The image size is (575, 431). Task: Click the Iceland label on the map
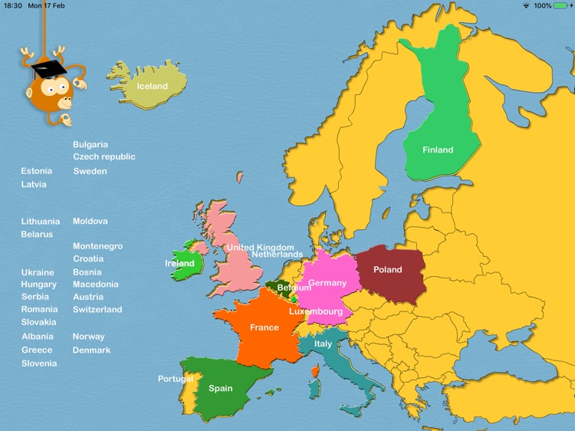pyautogui.click(x=152, y=86)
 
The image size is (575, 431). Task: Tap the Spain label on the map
pyautogui.click(x=221, y=389)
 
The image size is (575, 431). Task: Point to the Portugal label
pyautogui.click(x=176, y=379)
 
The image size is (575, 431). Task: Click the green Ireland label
pyautogui.click(x=180, y=264)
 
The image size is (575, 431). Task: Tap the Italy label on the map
pyautogui.click(x=324, y=344)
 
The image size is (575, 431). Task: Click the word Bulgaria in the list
pyautogui.click(x=90, y=144)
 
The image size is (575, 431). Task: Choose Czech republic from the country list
pyautogui.click(x=104, y=156)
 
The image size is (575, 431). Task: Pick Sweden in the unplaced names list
pyautogui.click(x=90, y=171)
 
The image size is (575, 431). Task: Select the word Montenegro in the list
pyautogui.click(x=97, y=246)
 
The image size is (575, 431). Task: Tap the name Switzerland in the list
pyautogui.click(x=97, y=309)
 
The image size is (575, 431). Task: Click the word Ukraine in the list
pyautogui.click(x=38, y=272)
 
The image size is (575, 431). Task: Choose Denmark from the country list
pyautogui.click(x=91, y=350)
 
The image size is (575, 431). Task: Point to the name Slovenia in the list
pyautogui.click(x=39, y=364)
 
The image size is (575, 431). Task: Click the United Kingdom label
pyautogui.click(x=260, y=248)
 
